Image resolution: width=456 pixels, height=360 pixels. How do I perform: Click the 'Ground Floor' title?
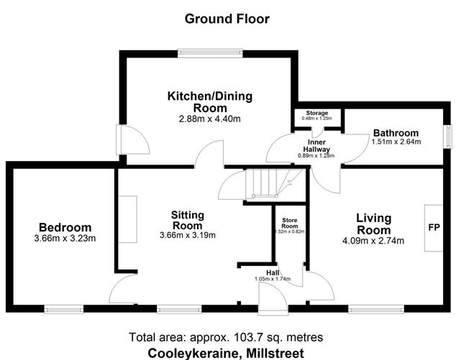point(227,19)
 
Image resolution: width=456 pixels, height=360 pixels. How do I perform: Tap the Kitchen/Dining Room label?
point(205,101)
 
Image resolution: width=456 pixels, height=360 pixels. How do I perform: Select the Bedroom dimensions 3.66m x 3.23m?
point(65,239)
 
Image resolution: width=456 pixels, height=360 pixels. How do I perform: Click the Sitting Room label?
point(188,220)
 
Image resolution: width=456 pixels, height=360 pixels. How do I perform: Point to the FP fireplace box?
point(434,228)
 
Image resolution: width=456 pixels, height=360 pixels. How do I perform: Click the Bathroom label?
point(395,133)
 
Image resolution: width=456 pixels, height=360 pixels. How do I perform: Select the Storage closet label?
point(316,114)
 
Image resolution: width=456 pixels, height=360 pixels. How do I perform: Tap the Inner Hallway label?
point(316,146)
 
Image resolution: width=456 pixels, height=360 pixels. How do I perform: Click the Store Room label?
point(288,221)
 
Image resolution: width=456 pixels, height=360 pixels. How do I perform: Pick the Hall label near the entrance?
point(273,273)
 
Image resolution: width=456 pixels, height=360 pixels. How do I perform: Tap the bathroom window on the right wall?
point(446,135)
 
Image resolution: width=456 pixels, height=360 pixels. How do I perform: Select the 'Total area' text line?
point(226,337)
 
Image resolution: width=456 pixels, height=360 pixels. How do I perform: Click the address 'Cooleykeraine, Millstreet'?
point(226,352)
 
